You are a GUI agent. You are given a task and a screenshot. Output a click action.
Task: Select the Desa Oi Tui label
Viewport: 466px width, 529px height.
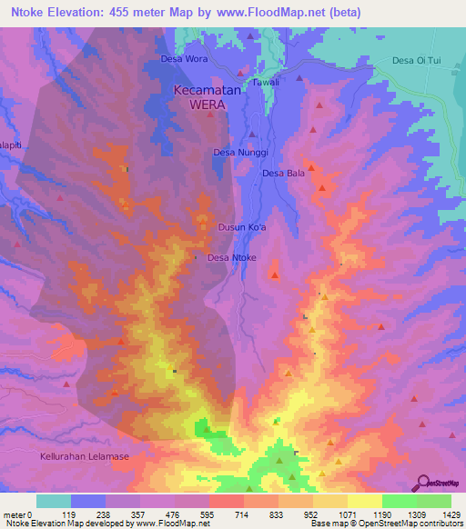[417, 61]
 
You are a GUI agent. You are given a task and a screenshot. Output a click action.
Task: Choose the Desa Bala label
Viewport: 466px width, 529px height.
[283, 173]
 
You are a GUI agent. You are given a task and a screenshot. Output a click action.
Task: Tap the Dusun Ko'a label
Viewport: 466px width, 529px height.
[240, 228]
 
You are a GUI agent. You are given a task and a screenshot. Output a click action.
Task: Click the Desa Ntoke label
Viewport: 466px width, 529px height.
[232, 258]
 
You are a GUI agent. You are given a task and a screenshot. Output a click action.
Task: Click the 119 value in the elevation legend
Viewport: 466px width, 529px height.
[71, 514]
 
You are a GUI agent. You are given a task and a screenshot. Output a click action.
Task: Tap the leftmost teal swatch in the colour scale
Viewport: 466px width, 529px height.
[54, 501]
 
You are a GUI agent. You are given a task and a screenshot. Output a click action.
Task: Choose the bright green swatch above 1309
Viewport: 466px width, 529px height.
[400, 501]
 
